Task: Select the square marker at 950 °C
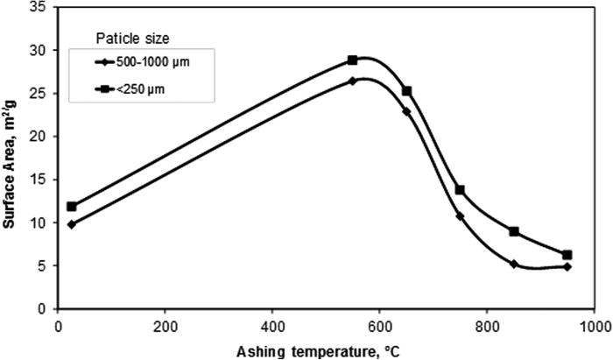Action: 567,255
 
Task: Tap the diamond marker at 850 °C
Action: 514,264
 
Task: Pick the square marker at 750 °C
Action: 460,190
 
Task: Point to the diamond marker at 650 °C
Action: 406,111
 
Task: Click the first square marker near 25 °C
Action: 72,207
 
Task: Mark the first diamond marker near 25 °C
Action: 72,224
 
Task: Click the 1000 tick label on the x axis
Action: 593,325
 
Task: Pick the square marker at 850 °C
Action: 514,231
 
